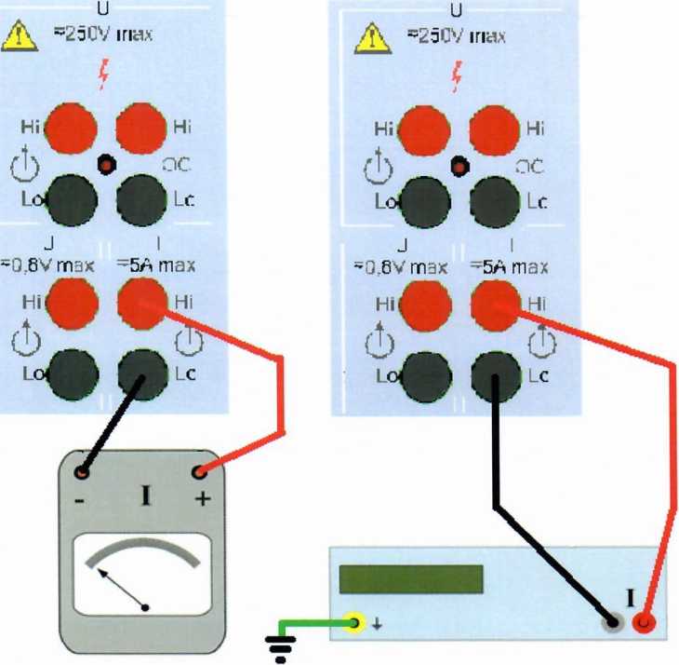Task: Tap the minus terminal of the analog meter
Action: [83, 472]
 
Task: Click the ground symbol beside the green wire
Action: [277, 642]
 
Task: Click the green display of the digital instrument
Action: [411, 578]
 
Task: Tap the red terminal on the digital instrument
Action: [644, 621]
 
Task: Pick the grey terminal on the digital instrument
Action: [612, 621]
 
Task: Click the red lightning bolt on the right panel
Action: [456, 75]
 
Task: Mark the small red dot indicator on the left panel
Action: [106, 166]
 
